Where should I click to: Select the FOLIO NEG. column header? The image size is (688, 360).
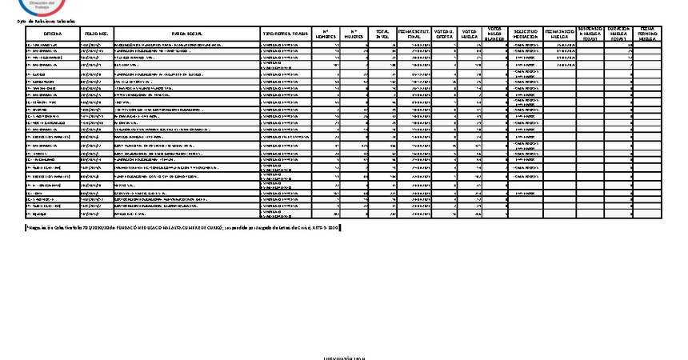coord(95,34)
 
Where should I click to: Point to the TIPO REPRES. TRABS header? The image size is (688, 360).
coord(286,34)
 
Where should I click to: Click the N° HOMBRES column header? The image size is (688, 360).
coord(325,34)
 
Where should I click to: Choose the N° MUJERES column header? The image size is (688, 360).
coord(354,34)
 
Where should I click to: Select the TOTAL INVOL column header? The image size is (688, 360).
coord(383,34)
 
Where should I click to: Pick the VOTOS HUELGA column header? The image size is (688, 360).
coord(470,34)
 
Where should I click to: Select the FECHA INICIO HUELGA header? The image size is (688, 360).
coord(559,34)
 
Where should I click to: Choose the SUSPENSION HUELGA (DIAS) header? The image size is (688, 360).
coord(590,34)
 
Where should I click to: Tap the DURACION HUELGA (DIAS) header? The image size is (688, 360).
coord(618,34)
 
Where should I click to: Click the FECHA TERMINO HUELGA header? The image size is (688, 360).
coord(646,34)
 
